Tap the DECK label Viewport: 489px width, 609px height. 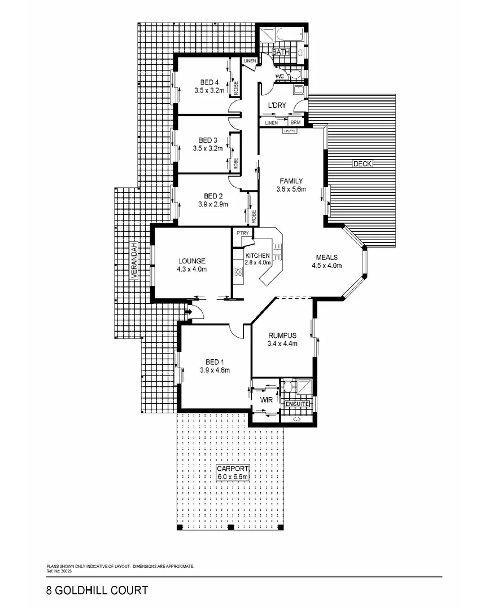(x=361, y=164)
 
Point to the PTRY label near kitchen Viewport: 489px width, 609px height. (x=243, y=233)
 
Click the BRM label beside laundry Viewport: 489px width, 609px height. (x=296, y=122)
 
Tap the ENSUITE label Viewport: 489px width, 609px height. (x=296, y=404)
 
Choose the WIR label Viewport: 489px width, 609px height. (x=267, y=400)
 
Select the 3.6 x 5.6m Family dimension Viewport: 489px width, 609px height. (x=291, y=189)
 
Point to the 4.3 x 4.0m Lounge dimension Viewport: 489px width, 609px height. (x=191, y=270)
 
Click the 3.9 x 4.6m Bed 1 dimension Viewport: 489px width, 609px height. (x=214, y=370)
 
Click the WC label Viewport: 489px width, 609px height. (x=280, y=76)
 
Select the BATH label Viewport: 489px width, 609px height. (x=281, y=52)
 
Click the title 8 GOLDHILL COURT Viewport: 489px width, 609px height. (x=97, y=590)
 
